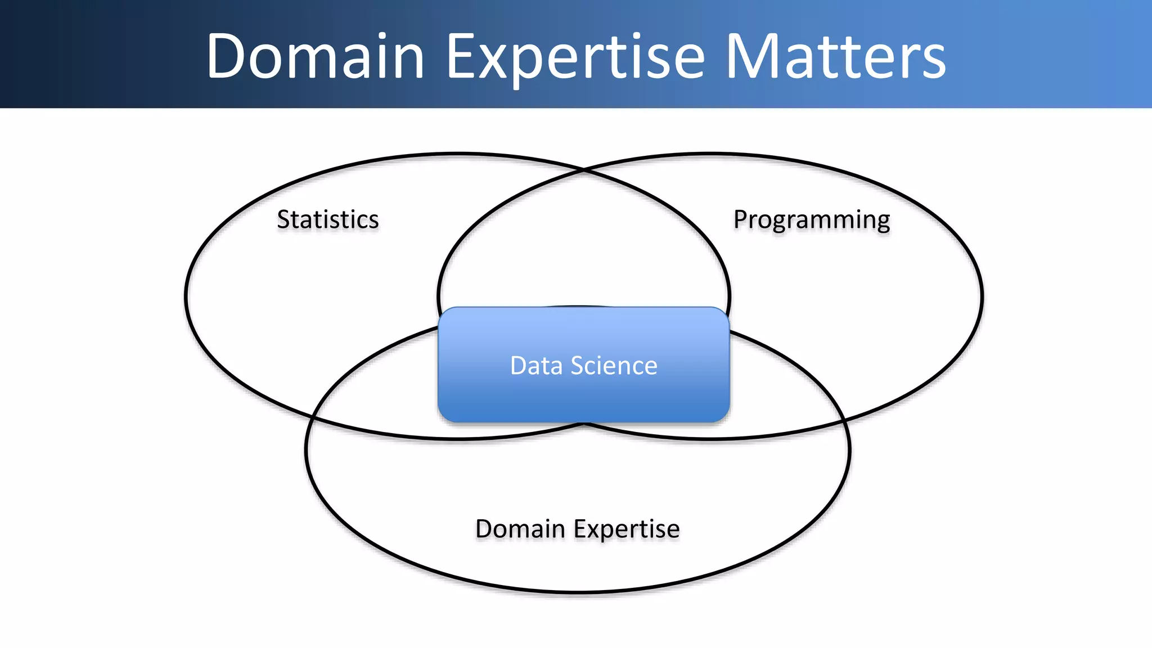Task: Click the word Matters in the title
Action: (x=836, y=56)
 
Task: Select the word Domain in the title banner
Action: (x=315, y=56)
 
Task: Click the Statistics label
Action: (x=328, y=219)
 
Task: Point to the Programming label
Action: (x=812, y=219)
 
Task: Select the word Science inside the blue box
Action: (x=614, y=366)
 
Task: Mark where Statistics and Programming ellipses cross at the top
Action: (x=584, y=169)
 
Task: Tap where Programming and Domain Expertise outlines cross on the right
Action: (x=844, y=421)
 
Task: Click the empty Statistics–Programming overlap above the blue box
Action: (x=584, y=242)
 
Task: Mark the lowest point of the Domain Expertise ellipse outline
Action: (x=578, y=592)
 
